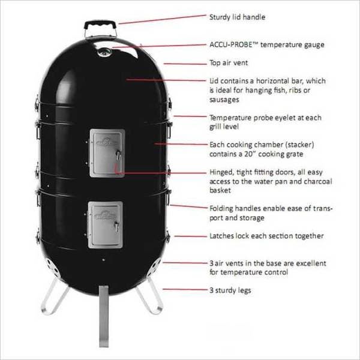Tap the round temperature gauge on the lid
[x=104, y=52]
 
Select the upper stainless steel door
[x=107, y=153]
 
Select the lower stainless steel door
[x=106, y=225]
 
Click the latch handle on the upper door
[x=118, y=155]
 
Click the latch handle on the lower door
[x=117, y=227]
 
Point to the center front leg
[x=104, y=316]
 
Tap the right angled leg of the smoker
[x=150, y=296]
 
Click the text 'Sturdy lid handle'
[x=237, y=17]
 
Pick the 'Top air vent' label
[x=229, y=62]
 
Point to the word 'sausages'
[x=224, y=100]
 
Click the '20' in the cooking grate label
[x=249, y=154]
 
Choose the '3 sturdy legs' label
[x=230, y=290]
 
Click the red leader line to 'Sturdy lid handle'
[x=163, y=19]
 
